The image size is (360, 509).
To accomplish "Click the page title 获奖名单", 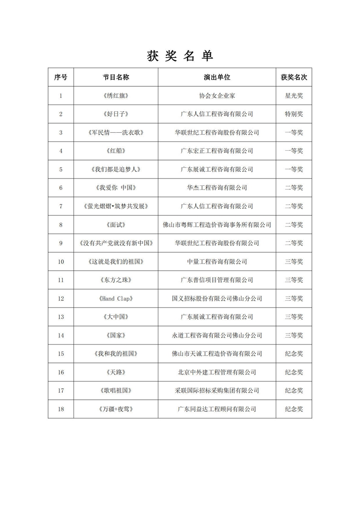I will tap(180, 56).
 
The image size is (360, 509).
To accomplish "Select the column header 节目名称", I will tap(116, 77).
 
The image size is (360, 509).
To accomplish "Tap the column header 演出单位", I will tap(217, 77).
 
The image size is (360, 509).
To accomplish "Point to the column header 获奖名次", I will tap(294, 77).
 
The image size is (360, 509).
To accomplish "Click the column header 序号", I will tap(61, 77).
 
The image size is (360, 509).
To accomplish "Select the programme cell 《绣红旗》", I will tap(116, 96).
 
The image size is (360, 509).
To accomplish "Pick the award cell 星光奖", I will tap(294, 96).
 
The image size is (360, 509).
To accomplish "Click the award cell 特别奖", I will tap(294, 114).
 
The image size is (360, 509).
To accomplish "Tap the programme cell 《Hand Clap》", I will tap(116, 299).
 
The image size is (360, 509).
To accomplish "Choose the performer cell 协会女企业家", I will tap(217, 96).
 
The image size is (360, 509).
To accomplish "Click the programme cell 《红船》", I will tap(116, 151).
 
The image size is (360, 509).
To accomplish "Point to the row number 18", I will tap(61, 409).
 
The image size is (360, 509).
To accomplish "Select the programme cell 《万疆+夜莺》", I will tap(116, 409).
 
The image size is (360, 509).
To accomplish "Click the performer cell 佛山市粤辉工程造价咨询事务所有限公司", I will tap(217, 225).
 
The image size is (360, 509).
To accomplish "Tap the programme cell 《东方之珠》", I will tap(116, 280).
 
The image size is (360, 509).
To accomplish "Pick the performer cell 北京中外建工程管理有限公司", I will tap(217, 372).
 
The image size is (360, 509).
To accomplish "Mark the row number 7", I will tap(61, 206).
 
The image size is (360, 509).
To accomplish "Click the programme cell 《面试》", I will tap(116, 225).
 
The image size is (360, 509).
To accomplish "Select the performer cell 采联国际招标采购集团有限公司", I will tap(217, 391).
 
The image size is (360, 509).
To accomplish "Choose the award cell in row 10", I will tap(294, 262).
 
